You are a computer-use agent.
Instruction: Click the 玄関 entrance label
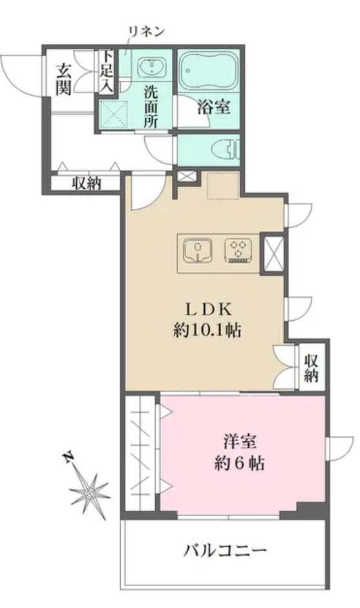[63, 80]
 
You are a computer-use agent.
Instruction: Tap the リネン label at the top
[147, 32]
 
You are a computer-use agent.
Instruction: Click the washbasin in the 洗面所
[153, 67]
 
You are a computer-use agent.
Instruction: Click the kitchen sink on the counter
[198, 250]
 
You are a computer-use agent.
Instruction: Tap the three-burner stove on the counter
[238, 250]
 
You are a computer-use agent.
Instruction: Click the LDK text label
[208, 310]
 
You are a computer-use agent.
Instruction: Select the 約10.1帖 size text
[207, 331]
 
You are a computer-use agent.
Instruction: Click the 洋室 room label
[240, 442]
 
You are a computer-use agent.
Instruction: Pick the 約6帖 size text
[240, 463]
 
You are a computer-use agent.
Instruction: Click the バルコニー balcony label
[225, 550]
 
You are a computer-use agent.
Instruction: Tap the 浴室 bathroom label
[214, 107]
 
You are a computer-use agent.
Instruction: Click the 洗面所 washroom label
[151, 107]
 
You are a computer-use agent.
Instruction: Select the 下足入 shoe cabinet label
[106, 71]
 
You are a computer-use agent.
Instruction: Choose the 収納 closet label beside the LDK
[311, 368]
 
